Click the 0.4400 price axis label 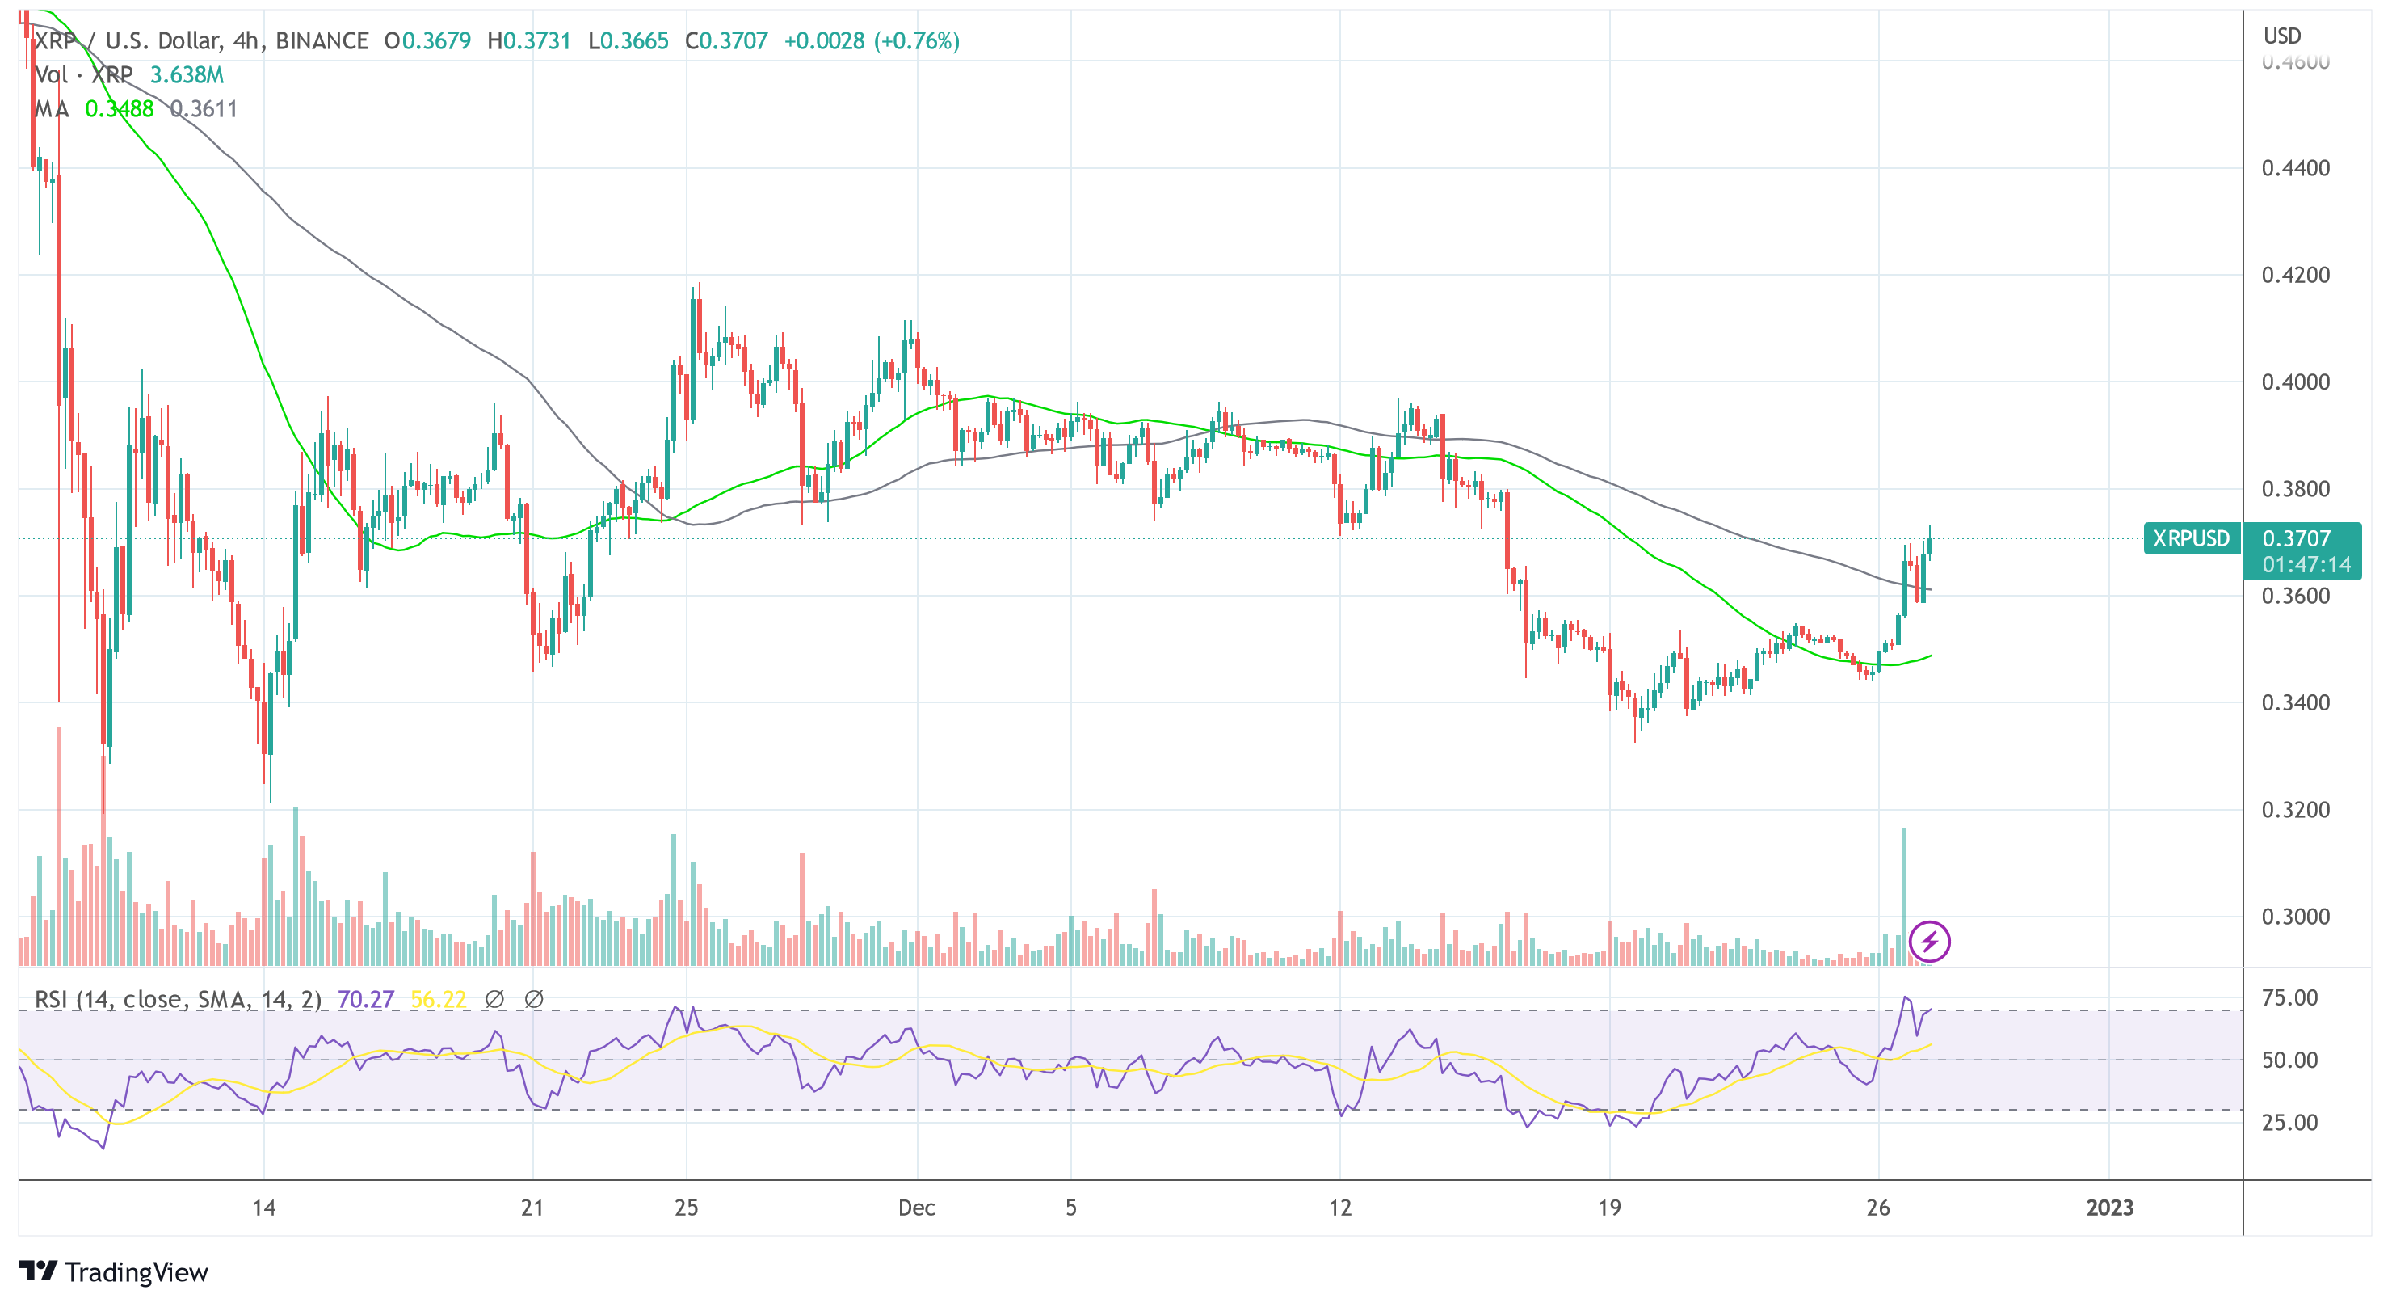coord(2294,168)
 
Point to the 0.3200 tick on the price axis coord(2294,809)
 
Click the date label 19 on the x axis coord(1608,1207)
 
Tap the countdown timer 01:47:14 coord(2306,565)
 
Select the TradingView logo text coord(136,1271)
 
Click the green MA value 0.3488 coord(119,108)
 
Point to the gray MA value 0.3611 coord(204,108)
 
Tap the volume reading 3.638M coord(187,74)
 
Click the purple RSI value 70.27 coord(365,1000)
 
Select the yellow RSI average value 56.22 coord(437,1000)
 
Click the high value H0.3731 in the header coord(528,41)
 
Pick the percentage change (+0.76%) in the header coord(915,41)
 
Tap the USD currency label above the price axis coord(2281,36)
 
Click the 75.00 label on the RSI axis coord(2289,997)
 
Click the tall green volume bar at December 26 coord(1903,892)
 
